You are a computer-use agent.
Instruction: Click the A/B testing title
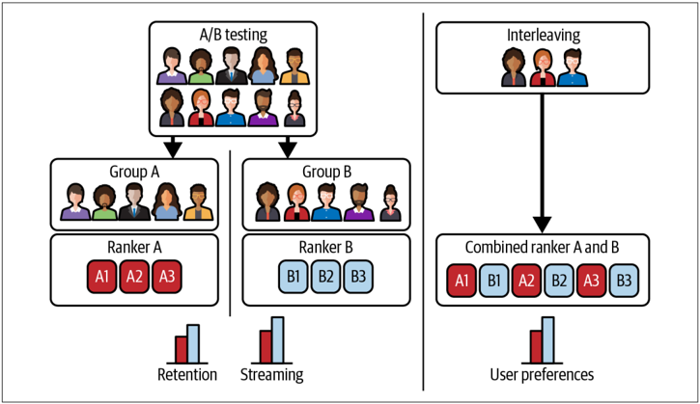pos(233,35)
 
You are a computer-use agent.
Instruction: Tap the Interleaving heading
pos(543,35)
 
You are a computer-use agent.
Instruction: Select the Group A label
pos(134,172)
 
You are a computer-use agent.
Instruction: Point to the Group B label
pos(326,172)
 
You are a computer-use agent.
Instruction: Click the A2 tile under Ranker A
pos(134,277)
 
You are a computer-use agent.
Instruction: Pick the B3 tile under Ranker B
pos(358,277)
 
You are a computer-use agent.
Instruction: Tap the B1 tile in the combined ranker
pos(493,281)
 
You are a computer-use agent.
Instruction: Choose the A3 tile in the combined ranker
pos(591,281)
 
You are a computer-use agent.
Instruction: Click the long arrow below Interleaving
pos(543,163)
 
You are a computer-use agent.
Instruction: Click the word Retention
pos(187,374)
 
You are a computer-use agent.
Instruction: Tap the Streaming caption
pos(272,374)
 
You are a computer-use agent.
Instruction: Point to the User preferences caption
pos(542,374)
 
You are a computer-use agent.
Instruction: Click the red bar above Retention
pos(181,350)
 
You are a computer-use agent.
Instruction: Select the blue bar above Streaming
pos(278,339)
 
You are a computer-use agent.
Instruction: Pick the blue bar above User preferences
pos(548,339)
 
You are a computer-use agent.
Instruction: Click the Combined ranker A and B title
pos(542,247)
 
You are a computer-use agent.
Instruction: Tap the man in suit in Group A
pos(134,202)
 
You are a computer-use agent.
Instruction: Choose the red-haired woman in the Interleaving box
pos(543,67)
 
